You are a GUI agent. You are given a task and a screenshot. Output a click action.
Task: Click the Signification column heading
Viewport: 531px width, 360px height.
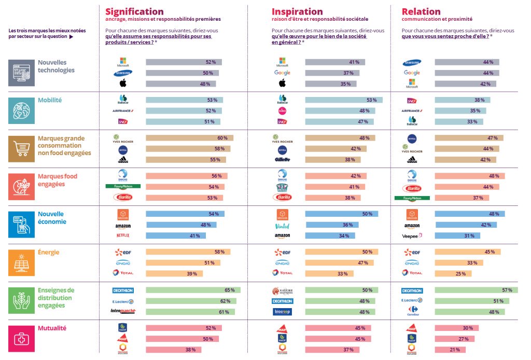(x=134, y=11)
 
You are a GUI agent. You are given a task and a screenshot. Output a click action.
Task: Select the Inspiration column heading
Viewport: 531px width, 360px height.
(x=297, y=11)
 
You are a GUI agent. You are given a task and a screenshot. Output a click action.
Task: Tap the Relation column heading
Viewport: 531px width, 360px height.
(x=421, y=11)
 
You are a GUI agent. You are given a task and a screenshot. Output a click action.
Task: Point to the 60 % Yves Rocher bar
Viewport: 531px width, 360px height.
(x=189, y=138)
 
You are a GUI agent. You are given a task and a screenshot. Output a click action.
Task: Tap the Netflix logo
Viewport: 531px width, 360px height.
(x=123, y=235)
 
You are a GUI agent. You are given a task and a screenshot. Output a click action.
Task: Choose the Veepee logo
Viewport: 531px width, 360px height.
(x=412, y=235)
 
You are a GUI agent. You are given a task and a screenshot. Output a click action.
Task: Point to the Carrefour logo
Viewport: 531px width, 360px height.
(x=412, y=311)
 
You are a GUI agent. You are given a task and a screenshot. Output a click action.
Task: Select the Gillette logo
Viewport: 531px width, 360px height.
(x=282, y=159)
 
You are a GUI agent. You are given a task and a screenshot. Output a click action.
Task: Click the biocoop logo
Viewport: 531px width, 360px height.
(x=282, y=312)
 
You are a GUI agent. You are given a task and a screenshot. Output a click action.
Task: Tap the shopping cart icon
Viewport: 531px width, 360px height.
(x=21, y=148)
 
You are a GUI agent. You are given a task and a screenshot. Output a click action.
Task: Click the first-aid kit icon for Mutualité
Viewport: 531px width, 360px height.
(x=21, y=339)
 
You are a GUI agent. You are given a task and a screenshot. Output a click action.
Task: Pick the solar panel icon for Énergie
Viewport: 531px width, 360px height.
(x=21, y=262)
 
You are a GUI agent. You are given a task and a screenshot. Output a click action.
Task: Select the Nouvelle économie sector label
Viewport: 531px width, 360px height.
(x=51, y=218)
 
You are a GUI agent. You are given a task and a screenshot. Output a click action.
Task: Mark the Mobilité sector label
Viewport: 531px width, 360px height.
(x=50, y=100)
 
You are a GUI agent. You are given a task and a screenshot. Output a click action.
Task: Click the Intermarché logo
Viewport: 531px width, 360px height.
(x=123, y=312)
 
